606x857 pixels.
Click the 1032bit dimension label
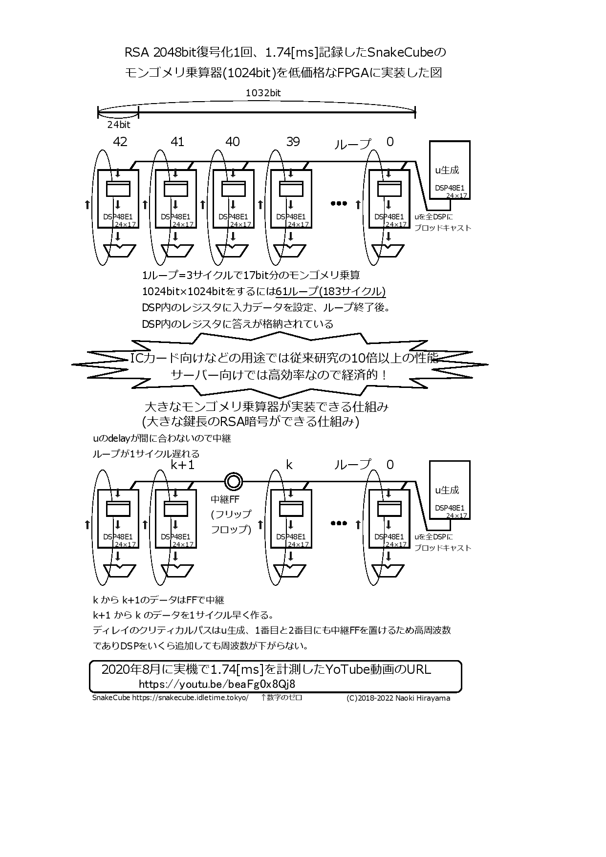point(263,92)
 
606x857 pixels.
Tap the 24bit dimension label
point(119,125)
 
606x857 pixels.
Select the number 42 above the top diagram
point(120,142)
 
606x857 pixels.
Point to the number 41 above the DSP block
point(177,142)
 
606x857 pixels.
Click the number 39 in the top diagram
point(293,142)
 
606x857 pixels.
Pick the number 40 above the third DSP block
point(233,142)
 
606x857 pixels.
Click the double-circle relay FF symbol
point(233,482)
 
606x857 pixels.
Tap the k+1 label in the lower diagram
point(182,465)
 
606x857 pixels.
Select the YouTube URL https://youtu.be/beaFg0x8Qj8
point(217,684)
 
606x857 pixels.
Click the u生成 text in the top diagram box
point(447,170)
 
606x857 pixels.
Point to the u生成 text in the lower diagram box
point(447,490)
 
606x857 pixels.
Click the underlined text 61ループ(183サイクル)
point(331,292)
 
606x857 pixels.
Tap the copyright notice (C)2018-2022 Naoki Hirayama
point(398,698)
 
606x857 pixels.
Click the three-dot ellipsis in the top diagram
point(338,203)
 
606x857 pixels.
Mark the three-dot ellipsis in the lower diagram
point(338,523)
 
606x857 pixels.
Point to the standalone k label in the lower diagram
point(289,465)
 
